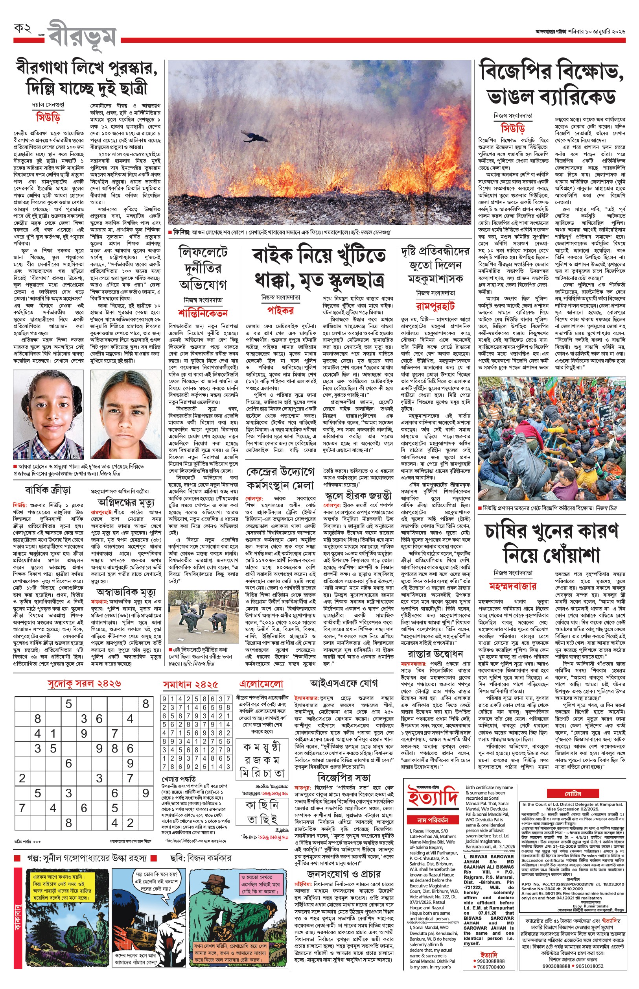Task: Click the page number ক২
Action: point(23,29)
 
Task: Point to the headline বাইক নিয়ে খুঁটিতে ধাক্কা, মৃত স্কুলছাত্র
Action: point(319,267)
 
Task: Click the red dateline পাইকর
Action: point(280,310)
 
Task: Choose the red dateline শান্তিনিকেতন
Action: point(203,312)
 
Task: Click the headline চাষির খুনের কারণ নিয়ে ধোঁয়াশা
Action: point(551,543)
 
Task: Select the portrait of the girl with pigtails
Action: point(48,414)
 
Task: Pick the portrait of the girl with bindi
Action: point(125,414)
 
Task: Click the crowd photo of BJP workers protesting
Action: point(551,438)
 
